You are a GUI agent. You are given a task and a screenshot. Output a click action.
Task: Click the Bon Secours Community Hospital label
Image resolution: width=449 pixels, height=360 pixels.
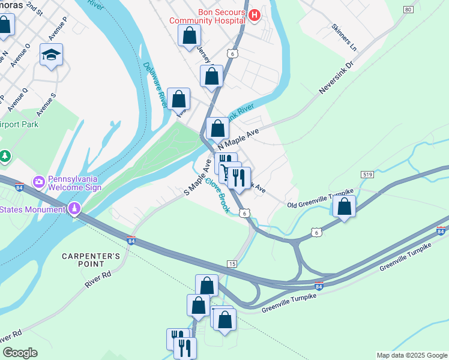(208, 16)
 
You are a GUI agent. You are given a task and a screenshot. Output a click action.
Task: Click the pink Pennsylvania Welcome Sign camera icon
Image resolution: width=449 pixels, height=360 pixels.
(39, 181)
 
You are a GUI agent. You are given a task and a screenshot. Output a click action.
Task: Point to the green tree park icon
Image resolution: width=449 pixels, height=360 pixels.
(5, 157)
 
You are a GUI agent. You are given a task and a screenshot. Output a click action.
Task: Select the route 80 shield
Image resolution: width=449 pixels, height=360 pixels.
(408, 10)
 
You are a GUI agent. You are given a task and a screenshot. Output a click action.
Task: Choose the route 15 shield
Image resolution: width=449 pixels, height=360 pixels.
(232, 263)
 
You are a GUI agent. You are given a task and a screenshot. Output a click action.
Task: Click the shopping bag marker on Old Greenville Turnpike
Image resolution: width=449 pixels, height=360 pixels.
(345, 206)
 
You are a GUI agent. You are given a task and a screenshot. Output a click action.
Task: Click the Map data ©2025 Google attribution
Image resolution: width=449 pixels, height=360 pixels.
(411, 355)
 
